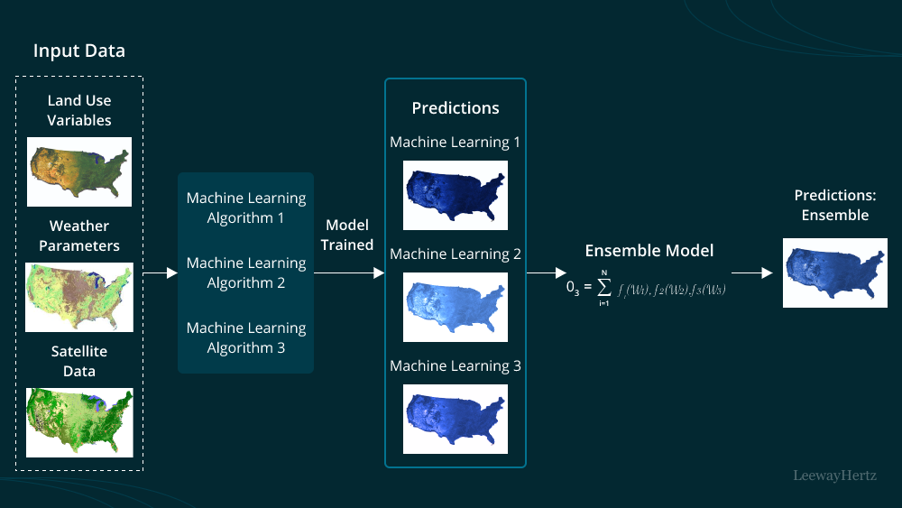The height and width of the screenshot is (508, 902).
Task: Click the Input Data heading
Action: [79, 51]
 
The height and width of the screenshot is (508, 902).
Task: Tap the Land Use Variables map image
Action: [79, 171]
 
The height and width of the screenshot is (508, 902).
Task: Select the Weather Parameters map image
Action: [79, 297]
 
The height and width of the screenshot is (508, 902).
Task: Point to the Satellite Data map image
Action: [79, 422]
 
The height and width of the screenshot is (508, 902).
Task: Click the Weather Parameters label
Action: [79, 236]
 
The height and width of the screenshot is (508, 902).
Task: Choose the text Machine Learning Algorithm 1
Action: [246, 208]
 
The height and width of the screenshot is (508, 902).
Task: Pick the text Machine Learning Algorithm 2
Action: [246, 272]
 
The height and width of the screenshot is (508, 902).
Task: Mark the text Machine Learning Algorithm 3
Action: [246, 337]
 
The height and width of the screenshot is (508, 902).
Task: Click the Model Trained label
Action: [349, 235]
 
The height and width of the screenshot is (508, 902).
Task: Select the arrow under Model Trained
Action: [349, 271]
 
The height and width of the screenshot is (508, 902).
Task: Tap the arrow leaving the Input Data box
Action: [161, 271]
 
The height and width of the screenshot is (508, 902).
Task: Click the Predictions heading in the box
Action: [456, 108]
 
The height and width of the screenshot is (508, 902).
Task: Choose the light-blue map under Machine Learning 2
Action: [456, 307]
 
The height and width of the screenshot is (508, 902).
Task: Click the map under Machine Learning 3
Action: [456, 419]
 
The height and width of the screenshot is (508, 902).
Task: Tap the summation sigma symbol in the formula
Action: [604, 288]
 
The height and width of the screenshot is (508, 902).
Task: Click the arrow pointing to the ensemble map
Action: [752, 271]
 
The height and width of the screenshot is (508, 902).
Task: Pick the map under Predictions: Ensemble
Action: [829, 272]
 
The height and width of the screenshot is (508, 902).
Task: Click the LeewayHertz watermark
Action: [834, 475]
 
